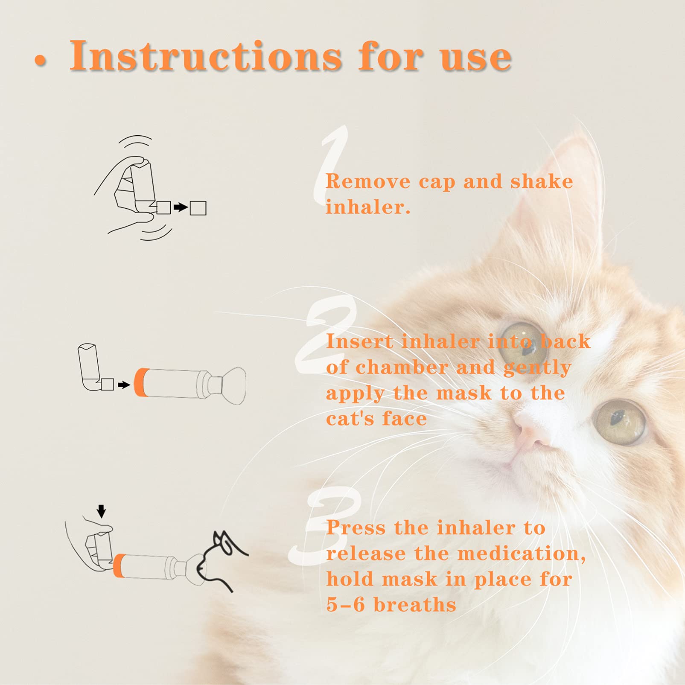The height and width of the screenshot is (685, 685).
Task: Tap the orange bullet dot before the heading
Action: click(40, 60)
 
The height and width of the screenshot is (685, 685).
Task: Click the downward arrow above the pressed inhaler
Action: click(101, 510)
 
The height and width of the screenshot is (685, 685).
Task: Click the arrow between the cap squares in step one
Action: click(181, 208)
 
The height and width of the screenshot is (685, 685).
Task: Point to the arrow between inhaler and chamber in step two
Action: click(124, 385)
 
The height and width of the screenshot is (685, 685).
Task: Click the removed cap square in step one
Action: click(198, 208)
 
